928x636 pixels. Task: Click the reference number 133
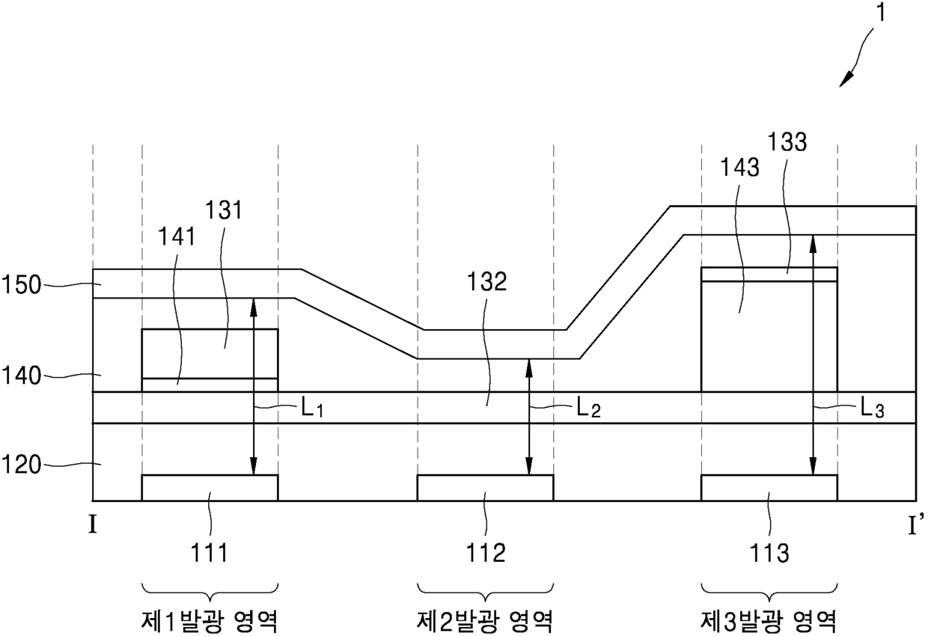click(x=787, y=141)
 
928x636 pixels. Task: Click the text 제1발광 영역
click(x=210, y=620)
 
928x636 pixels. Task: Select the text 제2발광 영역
click(x=485, y=620)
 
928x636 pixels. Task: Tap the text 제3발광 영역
click(x=769, y=620)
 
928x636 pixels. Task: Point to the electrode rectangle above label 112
click(x=485, y=487)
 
